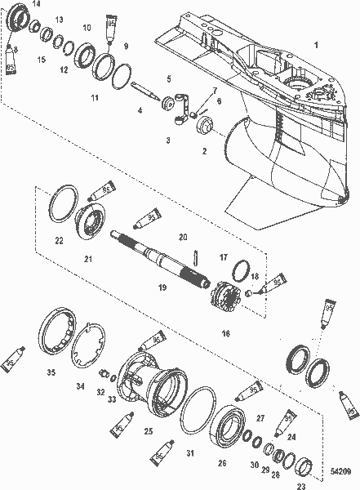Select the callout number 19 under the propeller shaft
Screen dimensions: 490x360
[162, 287]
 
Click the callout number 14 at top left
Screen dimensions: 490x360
[35, 4]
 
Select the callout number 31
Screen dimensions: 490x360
[189, 453]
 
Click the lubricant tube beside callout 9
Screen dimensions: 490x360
[112, 33]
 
